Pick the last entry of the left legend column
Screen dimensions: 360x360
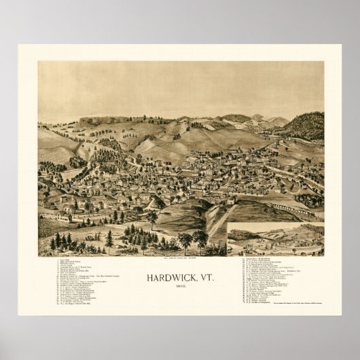tap(79, 312)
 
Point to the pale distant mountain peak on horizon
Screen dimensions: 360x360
tap(257, 117)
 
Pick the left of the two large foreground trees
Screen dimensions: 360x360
tap(185, 240)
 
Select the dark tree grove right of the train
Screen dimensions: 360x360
tap(309, 200)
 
